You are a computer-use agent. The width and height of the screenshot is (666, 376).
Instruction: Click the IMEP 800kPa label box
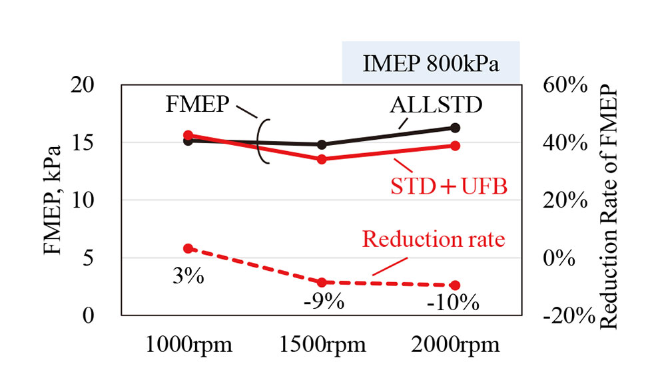pos(431,63)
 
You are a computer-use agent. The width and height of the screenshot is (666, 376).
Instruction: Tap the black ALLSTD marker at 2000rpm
pos(455,127)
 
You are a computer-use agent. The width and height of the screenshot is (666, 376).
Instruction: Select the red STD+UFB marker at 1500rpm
pos(322,159)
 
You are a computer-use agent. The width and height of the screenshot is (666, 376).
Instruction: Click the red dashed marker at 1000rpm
pos(188,248)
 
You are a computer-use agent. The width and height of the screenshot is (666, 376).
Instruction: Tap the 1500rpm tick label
pos(322,346)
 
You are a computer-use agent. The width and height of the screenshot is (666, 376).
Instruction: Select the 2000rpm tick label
pos(455,346)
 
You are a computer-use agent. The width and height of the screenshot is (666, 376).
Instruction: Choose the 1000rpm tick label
pos(188,346)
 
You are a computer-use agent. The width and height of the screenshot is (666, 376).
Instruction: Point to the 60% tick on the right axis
pos(564,85)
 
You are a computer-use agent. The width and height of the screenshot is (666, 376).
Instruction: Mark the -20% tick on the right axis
pos(568,315)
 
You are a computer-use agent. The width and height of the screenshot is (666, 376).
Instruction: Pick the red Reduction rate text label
pos(433,238)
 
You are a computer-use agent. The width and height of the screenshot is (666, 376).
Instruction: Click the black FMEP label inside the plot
pos(198,105)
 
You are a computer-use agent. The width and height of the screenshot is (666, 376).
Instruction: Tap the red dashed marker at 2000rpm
pos(455,285)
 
